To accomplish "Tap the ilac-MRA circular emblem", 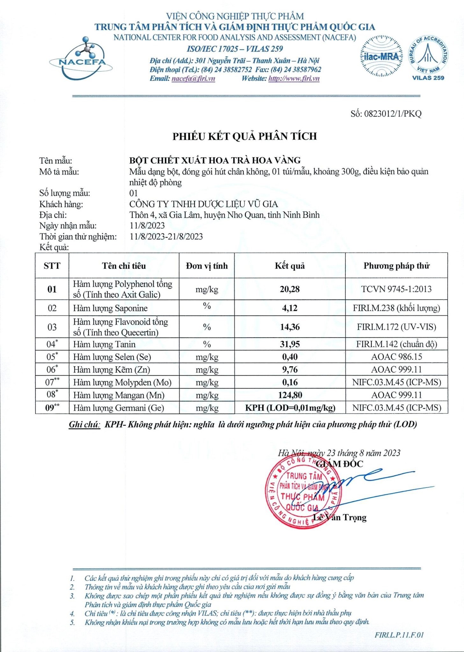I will pos(381,56).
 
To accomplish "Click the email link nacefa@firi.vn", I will pos(193,79).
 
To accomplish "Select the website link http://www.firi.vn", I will pos(294,79).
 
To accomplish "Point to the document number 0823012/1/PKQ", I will pos(386,114).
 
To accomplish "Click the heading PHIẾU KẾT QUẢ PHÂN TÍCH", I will pos(244,136).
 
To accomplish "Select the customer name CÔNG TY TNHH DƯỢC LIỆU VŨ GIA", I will pos(203,204).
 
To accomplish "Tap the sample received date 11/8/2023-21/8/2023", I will pos(166,236).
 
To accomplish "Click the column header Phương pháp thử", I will pos(396,266).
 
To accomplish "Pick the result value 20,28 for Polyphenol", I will pos(290,289).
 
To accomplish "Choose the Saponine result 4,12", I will pos(290,308).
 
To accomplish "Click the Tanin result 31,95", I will pos(290,344).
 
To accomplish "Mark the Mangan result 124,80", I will pos(290,395).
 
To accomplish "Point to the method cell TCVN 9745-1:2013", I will pos(396,289).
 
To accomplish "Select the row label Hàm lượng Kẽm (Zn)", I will pos(112,370).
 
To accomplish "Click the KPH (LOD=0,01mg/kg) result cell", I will pos(290,408).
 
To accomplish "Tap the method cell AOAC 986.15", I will pos(396,357).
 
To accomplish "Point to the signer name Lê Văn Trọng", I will pos(340,517).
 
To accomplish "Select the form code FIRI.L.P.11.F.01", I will pos(399,635).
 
